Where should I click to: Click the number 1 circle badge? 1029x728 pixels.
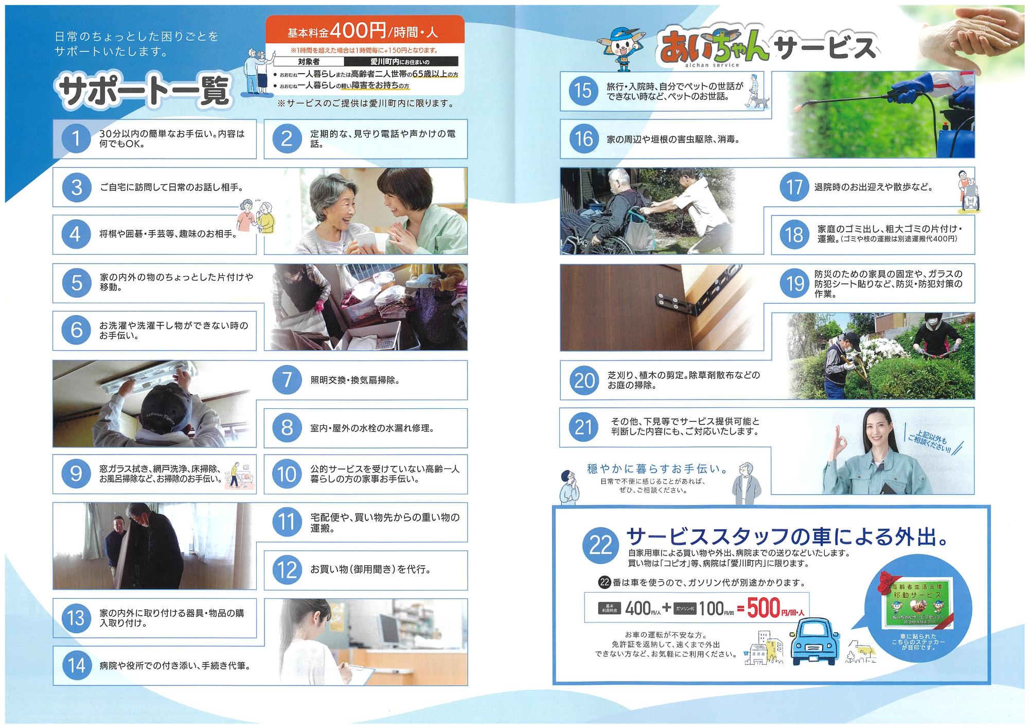point(76,139)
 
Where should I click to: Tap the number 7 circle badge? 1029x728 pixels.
point(287,380)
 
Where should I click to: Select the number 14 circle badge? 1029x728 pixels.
point(77,666)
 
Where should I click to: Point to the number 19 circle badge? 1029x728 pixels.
point(794,284)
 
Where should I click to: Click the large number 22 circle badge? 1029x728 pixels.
point(600,546)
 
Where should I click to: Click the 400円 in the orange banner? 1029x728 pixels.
point(358,31)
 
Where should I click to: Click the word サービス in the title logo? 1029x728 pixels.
point(825,48)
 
